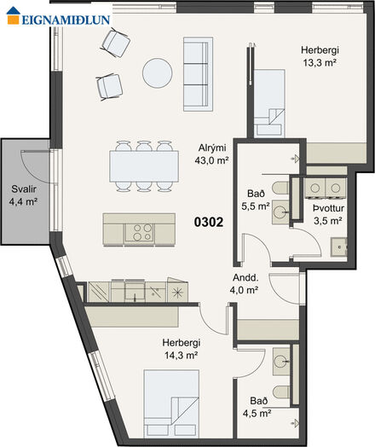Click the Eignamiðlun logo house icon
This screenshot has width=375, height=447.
pyautogui.click(x=13, y=15)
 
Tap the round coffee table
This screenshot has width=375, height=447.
pyautogui.click(x=157, y=73)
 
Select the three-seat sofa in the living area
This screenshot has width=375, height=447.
pyautogui.click(x=198, y=74)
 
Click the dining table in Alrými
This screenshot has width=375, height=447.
pyautogui.click(x=144, y=166)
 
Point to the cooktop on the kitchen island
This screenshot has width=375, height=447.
pyautogui.click(x=140, y=232)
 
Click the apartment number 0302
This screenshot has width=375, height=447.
pyautogui.click(x=209, y=222)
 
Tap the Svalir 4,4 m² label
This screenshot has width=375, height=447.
pyautogui.click(x=23, y=195)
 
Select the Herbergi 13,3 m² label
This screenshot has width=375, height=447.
pyautogui.click(x=320, y=56)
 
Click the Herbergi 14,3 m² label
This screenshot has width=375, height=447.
pyautogui.click(x=182, y=349)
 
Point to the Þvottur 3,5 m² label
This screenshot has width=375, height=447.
pyautogui.click(x=328, y=214)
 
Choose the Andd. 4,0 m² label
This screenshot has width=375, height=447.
pyautogui.click(x=245, y=284)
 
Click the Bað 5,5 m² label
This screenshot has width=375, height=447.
pyautogui.click(x=256, y=200)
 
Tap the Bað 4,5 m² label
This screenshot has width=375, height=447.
pyautogui.click(x=257, y=407)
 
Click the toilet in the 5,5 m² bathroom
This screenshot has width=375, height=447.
pyautogui.click(x=280, y=188)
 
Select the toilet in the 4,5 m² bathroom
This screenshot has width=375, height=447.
pyautogui.click(x=281, y=392)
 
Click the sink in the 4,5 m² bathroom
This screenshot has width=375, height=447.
pyautogui.click(x=281, y=361)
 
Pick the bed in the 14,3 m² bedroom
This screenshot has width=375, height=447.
pyautogui.click(x=171, y=403)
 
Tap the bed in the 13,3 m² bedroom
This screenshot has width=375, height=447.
pyautogui.click(x=269, y=103)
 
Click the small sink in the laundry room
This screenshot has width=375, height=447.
pyautogui.click(x=339, y=247)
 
